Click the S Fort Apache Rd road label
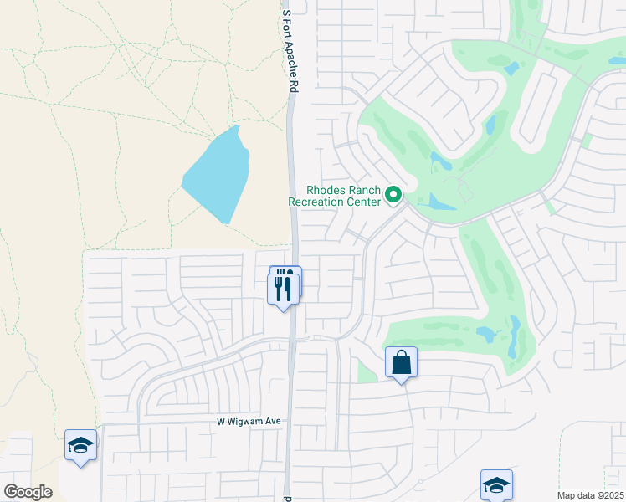coord(290,50)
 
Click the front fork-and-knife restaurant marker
coord(283,289)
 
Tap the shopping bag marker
coord(401,363)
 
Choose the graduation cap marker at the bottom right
coord(496,484)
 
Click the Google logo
coord(28,492)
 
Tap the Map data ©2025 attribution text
coord(590,495)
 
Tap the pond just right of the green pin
coord(440,202)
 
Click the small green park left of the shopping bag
coord(367,371)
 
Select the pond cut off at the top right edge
coord(618,60)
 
